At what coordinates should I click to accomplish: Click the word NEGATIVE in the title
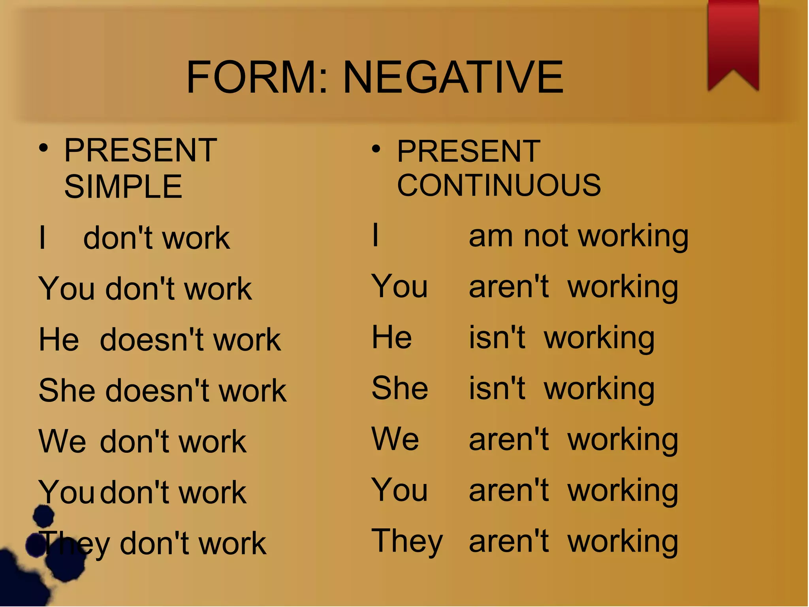coord(453,77)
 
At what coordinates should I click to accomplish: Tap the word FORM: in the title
coord(257,77)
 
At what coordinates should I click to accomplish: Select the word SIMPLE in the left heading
coord(123,187)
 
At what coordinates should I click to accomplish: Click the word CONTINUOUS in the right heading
coord(499,185)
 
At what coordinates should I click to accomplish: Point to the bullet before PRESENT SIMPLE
coord(43,149)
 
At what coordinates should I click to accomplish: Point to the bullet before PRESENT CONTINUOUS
coord(376,149)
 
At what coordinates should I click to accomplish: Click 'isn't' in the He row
coord(497,338)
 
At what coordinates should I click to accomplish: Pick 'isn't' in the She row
coord(497,389)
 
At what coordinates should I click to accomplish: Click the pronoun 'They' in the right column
coord(407,542)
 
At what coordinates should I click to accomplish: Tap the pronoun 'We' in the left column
coord(62,441)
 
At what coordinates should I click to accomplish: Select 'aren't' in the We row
coord(509,439)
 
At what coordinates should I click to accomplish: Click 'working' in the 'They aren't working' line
coord(623,543)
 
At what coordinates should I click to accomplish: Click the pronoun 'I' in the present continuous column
coord(375,235)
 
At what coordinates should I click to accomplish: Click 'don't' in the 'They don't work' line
coord(154,544)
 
